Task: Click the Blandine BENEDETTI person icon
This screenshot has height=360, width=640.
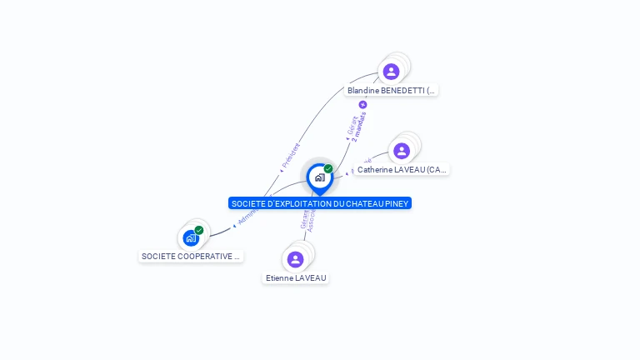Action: pos(391,72)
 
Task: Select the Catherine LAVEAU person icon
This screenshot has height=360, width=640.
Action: pos(402,151)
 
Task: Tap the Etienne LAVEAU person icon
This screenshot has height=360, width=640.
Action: pos(295,259)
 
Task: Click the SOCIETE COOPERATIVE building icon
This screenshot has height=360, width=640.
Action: pos(191,238)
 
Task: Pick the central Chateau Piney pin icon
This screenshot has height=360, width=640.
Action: pos(319,177)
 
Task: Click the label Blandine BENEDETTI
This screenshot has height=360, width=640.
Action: pos(392,90)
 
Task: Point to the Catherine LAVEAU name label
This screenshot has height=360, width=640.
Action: pos(402,169)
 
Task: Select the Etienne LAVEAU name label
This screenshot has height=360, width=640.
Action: pos(296,277)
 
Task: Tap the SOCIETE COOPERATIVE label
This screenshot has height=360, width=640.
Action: pos(191,257)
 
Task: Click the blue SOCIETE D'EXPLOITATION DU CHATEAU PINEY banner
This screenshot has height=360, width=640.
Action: pos(320,203)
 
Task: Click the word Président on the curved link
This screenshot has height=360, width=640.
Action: pos(290,157)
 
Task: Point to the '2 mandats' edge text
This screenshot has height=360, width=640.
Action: pos(360,126)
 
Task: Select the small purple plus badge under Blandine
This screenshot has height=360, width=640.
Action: pos(362,105)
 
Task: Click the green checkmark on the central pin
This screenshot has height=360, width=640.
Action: pos(328,169)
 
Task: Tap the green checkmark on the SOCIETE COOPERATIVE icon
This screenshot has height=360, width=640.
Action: pos(199,230)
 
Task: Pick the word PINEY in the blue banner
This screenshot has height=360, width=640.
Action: pos(396,203)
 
